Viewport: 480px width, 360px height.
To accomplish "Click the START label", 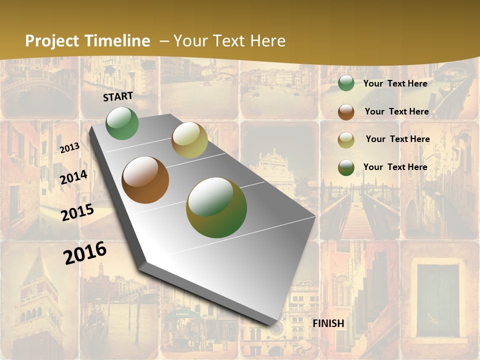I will pyautogui.click(x=118, y=96).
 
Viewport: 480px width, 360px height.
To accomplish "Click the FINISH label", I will pyautogui.click(x=328, y=323).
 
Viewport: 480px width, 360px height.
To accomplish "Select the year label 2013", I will pyautogui.click(x=70, y=147).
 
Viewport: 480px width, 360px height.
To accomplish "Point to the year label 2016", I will pyautogui.click(x=85, y=253).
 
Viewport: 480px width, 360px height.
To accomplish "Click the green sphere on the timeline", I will pyautogui.click(x=122, y=123).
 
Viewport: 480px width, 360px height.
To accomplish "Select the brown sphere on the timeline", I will pyautogui.click(x=145, y=180).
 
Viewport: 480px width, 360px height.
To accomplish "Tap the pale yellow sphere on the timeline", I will pyautogui.click(x=189, y=140).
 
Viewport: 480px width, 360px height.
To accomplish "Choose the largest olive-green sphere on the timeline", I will pyautogui.click(x=216, y=207).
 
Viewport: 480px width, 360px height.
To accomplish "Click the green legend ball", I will pyautogui.click(x=346, y=83).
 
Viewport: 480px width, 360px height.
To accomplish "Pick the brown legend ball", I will pyautogui.click(x=346, y=111).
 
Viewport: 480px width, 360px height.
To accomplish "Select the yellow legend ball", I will pyautogui.click(x=346, y=139).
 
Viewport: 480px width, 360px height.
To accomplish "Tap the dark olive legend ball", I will pyautogui.click(x=346, y=167).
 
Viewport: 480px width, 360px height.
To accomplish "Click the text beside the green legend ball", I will pyautogui.click(x=395, y=83).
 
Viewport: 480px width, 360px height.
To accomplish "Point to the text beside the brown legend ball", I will pyautogui.click(x=397, y=111).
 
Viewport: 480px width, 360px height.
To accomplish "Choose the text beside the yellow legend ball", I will pyautogui.click(x=398, y=139).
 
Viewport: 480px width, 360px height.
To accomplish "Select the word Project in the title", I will pyautogui.click(x=52, y=41).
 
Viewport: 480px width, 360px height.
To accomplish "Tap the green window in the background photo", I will pyautogui.click(x=438, y=300).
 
